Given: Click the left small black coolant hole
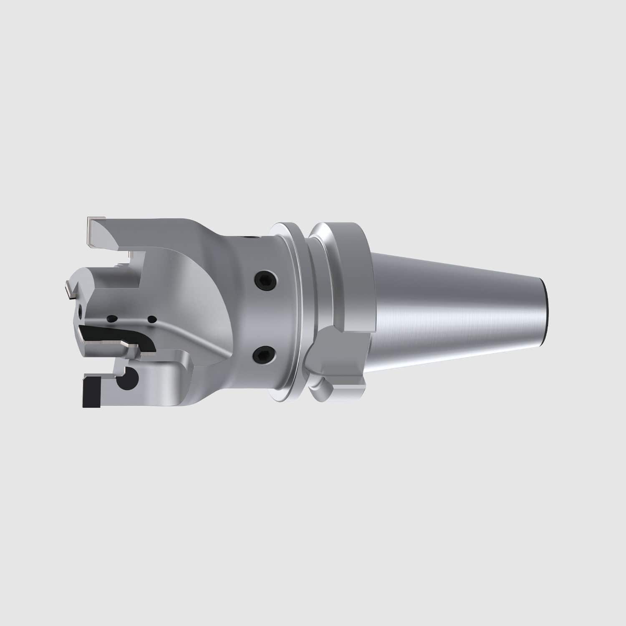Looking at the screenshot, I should (x=111, y=318).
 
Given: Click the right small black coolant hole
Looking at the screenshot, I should (x=152, y=320).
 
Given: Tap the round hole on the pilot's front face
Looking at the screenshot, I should (x=79, y=310).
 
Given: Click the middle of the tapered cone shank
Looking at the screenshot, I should (x=455, y=309).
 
